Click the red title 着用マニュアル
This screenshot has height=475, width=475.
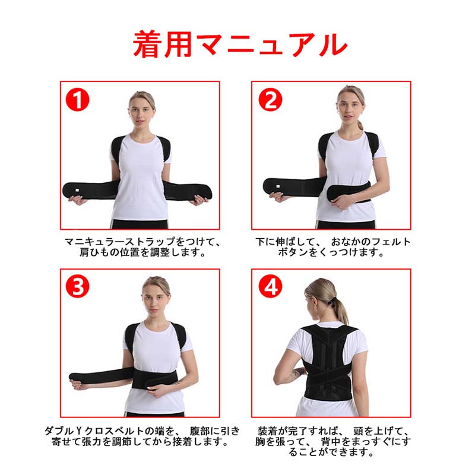tap(240, 44)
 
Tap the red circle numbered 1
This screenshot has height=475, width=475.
tap(77, 100)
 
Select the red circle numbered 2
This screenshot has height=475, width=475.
tap(270, 100)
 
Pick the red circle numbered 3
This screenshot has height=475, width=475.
tap(77, 286)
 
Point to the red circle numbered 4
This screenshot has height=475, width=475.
tap(270, 286)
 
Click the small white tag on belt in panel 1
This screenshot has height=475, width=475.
tap(77, 190)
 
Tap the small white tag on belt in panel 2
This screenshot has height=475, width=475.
tap(277, 186)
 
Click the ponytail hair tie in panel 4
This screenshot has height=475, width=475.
tap(334, 300)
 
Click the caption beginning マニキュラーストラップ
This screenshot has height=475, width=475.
tap(142, 246)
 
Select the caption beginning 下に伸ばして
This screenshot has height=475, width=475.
tap(332, 246)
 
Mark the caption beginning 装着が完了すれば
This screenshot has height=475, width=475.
tap(332, 441)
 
